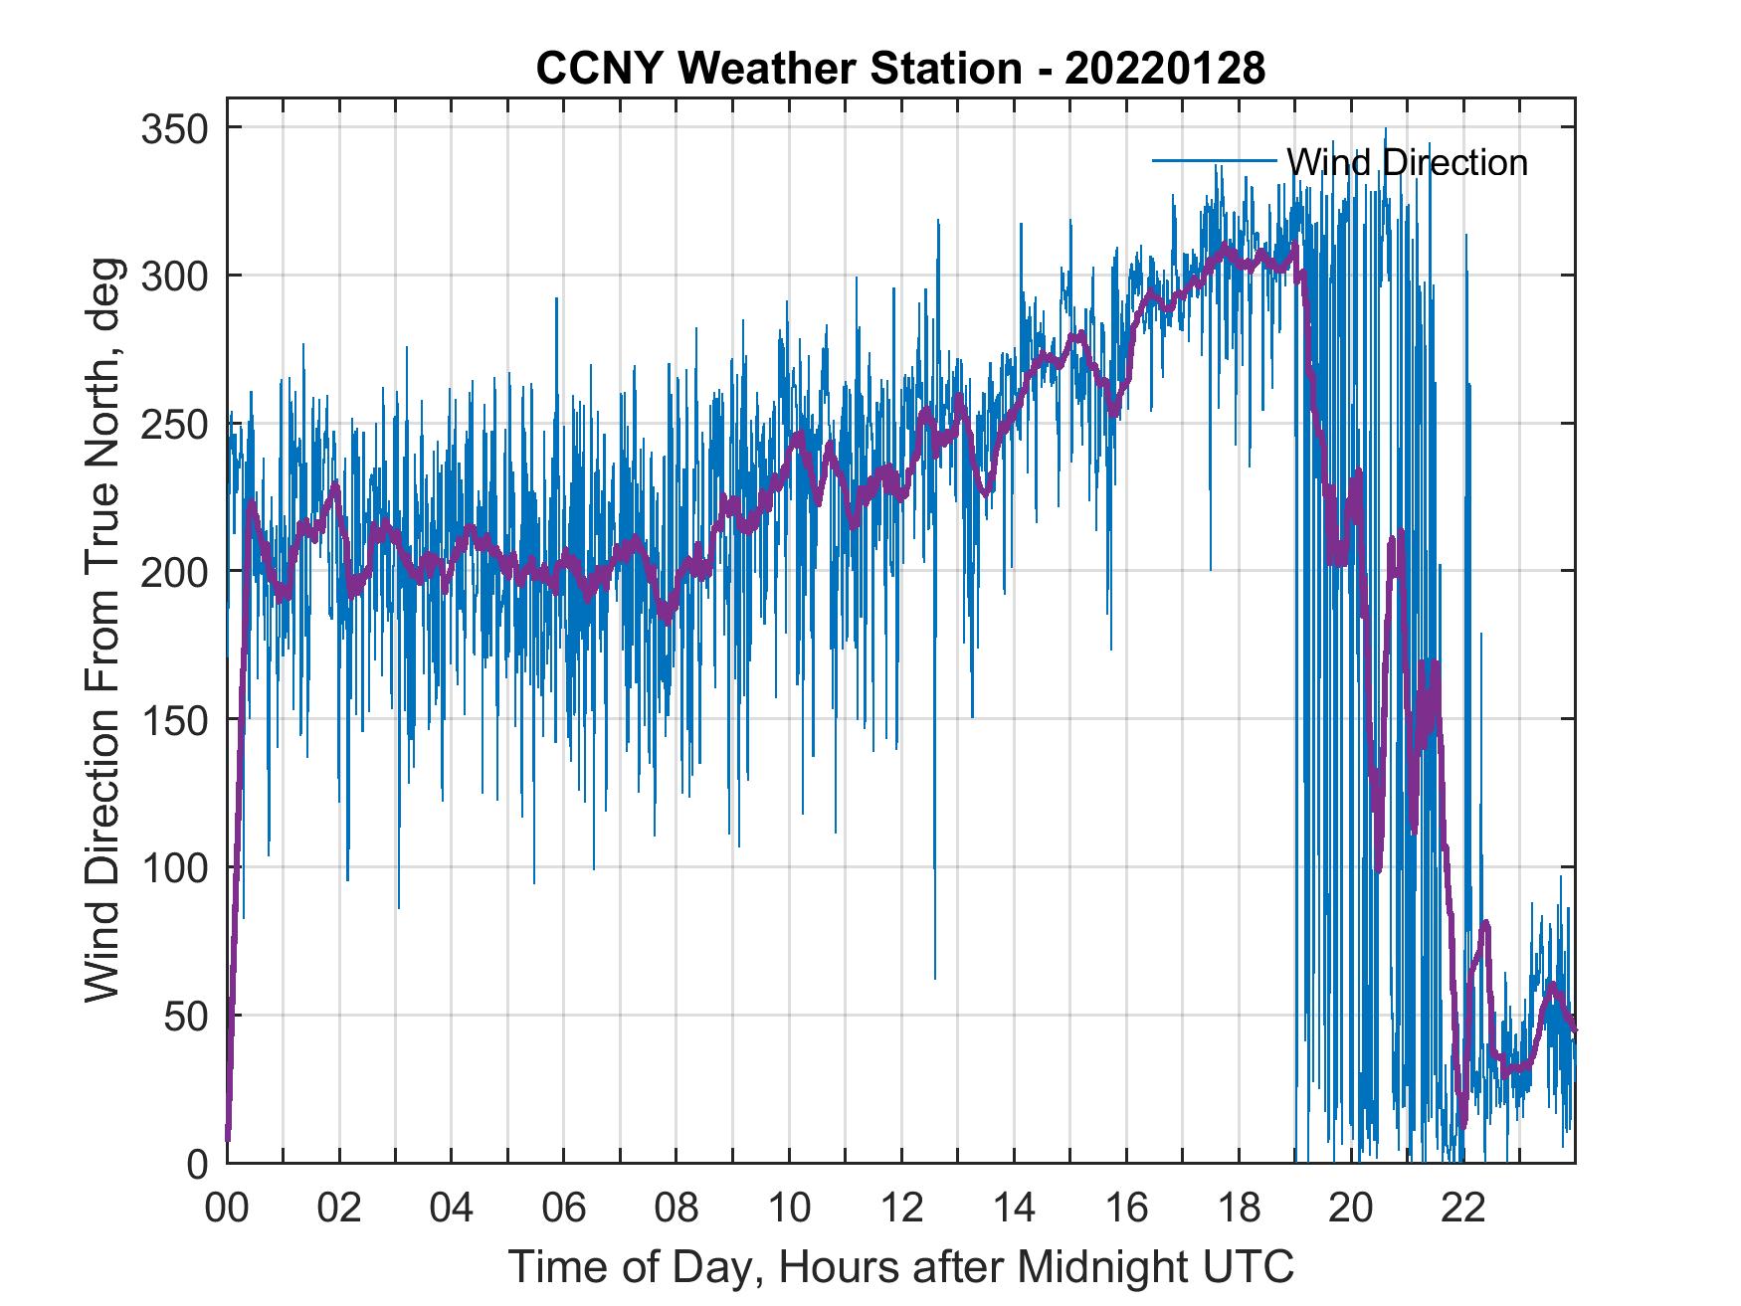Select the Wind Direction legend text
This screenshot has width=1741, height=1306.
(1407, 161)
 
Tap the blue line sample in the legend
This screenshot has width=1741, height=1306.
(1214, 160)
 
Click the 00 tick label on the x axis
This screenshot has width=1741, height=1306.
(227, 1209)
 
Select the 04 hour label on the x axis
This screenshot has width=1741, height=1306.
(452, 1209)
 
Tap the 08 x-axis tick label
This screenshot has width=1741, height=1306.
(677, 1209)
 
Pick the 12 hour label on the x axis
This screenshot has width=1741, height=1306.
(901, 1209)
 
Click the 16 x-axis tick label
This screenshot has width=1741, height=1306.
(1126, 1209)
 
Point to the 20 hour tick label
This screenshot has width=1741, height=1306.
(1351, 1209)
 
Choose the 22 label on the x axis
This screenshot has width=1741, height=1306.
(1463, 1209)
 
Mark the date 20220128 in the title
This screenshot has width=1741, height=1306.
(1165, 69)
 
